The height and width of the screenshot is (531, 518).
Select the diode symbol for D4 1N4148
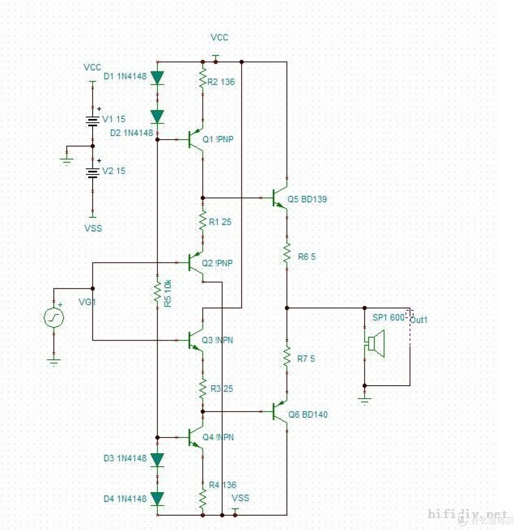(157, 498)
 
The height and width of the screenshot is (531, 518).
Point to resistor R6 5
(286, 253)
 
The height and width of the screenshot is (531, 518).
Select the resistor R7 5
(286, 356)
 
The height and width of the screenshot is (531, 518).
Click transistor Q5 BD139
(280, 198)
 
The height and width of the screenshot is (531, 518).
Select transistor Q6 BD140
(280, 412)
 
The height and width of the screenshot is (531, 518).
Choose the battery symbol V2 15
(93, 172)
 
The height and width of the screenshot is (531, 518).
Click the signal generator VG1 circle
(54, 318)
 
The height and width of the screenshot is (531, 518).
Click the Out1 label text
(418, 320)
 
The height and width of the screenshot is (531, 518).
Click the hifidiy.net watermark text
(467, 515)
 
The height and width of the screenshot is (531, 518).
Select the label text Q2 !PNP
(218, 263)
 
